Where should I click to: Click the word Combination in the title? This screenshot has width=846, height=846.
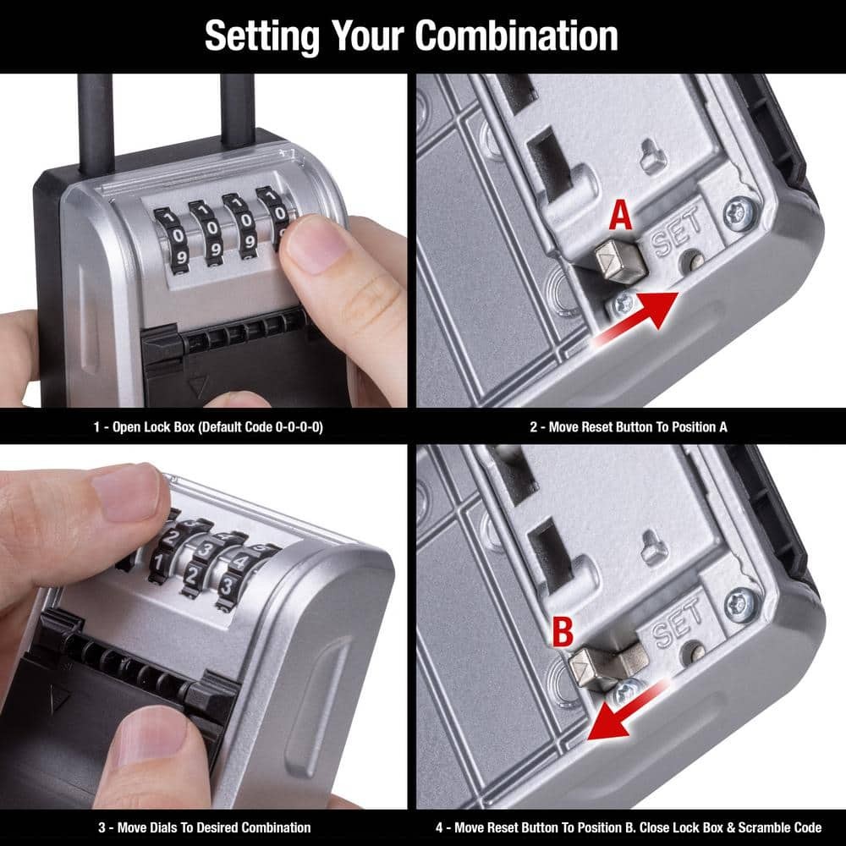(x=516, y=36)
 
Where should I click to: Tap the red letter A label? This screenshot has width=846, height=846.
(x=620, y=215)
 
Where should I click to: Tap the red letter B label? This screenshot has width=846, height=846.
(x=563, y=632)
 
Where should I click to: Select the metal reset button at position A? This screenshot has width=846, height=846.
(x=619, y=261)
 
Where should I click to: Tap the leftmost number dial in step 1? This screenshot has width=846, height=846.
(x=173, y=235)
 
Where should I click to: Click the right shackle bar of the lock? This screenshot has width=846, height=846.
(x=238, y=110)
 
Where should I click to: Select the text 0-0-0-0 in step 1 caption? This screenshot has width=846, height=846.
(x=299, y=427)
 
